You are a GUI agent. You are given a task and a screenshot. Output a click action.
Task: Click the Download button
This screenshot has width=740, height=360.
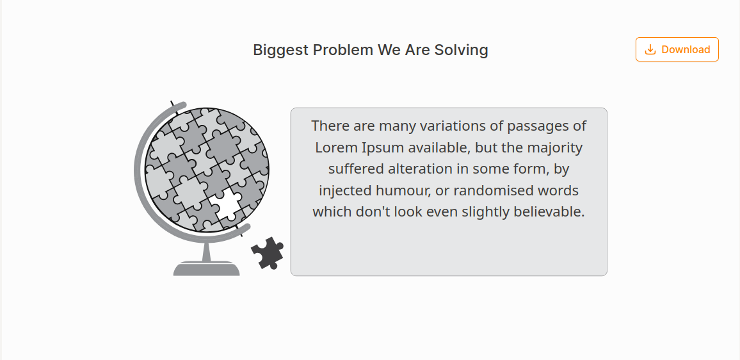click(x=677, y=49)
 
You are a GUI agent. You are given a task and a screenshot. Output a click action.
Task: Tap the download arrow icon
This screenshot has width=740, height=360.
click(x=650, y=49)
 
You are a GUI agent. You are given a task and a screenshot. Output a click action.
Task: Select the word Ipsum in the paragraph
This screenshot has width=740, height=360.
click(x=383, y=148)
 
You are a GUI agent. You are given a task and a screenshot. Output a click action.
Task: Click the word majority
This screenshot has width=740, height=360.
click(x=554, y=148)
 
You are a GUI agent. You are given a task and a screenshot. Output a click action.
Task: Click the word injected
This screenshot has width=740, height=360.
click(x=343, y=190)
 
